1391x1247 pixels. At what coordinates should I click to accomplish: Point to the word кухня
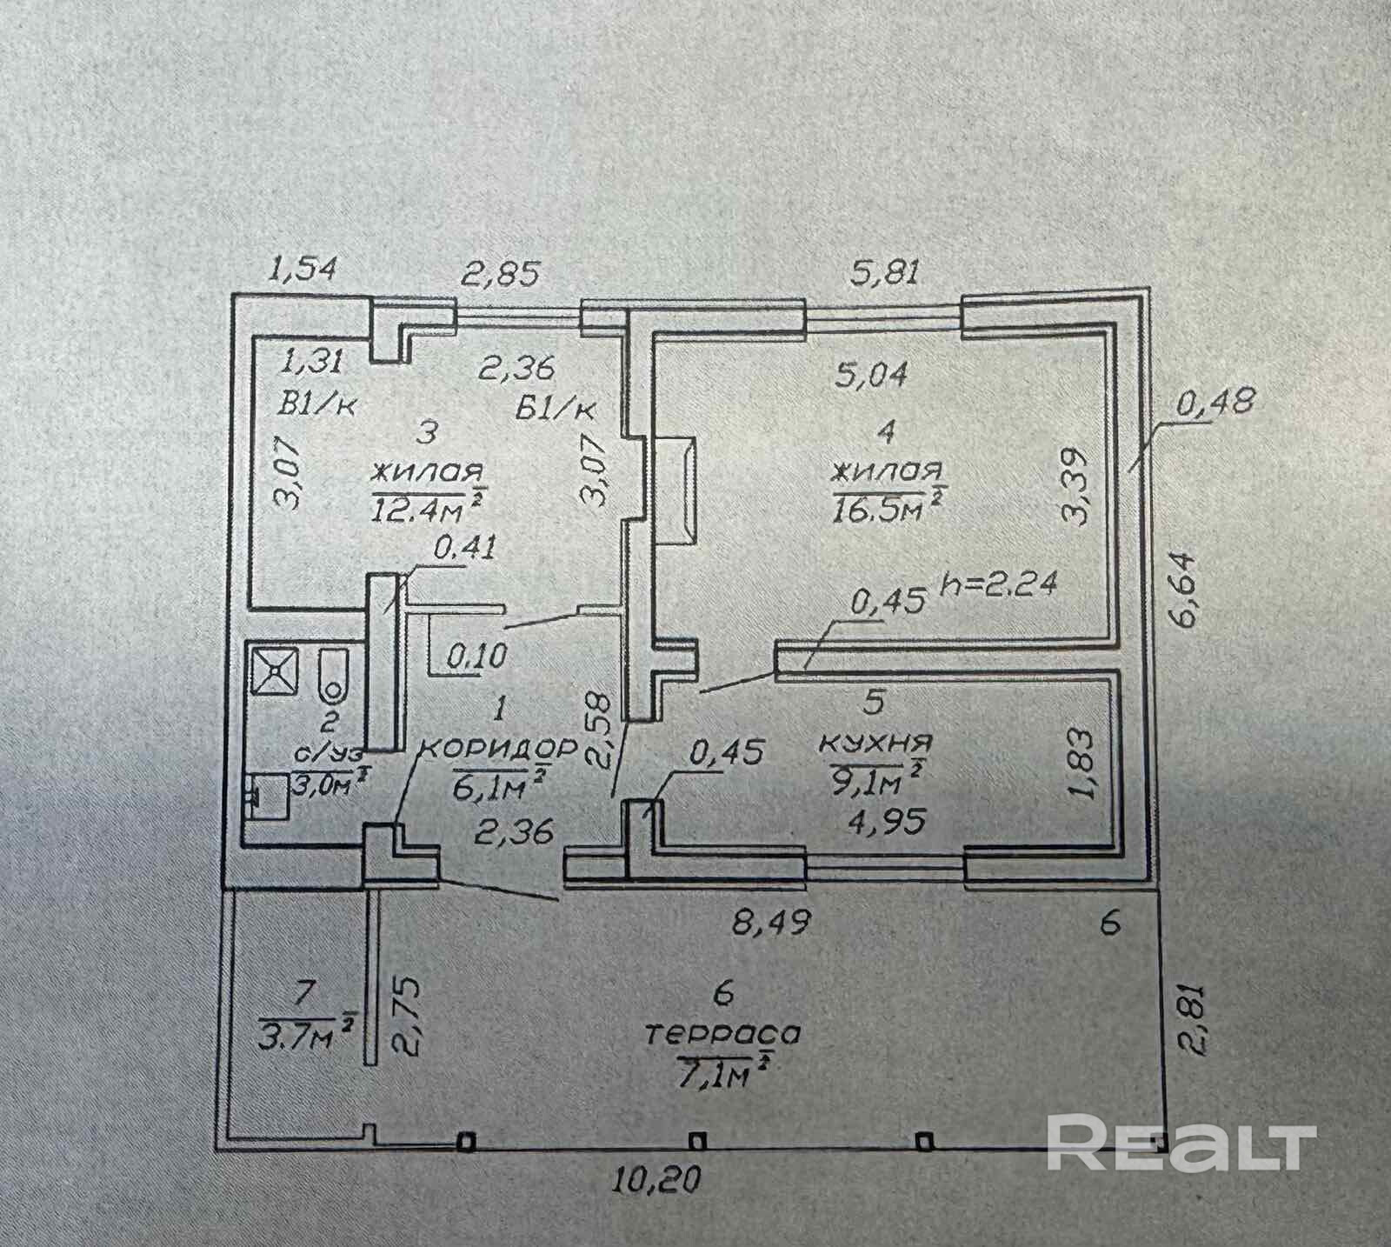click(x=875, y=744)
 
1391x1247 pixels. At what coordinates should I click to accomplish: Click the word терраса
click(x=722, y=1034)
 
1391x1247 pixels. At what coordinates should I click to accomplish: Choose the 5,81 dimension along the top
click(x=884, y=273)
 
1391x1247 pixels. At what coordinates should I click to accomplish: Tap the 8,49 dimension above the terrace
click(x=769, y=922)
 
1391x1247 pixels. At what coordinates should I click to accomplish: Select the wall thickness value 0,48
click(x=1216, y=402)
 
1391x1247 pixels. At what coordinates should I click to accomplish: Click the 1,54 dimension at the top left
click(x=302, y=270)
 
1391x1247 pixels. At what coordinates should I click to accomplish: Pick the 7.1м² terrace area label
click(x=724, y=1076)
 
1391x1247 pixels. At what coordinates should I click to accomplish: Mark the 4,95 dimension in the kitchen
click(x=884, y=820)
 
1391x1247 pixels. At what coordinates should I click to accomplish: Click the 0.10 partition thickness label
click(x=476, y=655)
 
